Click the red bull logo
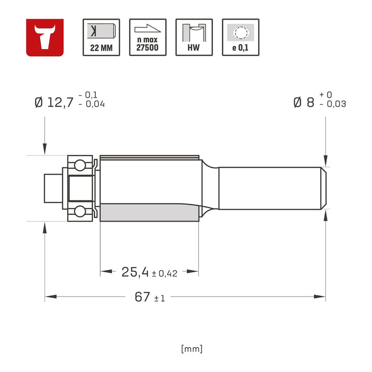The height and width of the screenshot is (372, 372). pyautogui.click(x=45, y=37)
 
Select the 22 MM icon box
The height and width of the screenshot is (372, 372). pyautogui.click(x=101, y=37)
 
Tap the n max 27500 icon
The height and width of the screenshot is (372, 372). pyautogui.click(x=148, y=37)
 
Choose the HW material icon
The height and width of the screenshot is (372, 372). pyautogui.click(x=194, y=37)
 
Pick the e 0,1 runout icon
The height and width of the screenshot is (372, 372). pyautogui.click(x=241, y=37)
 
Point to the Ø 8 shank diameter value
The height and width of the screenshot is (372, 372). pyautogui.click(x=303, y=102)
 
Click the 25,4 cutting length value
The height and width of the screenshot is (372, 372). pyautogui.click(x=135, y=272)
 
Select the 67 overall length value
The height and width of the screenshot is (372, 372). pyautogui.click(x=142, y=297)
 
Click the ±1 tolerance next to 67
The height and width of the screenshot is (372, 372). pyautogui.click(x=159, y=299)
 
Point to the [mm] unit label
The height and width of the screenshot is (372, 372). pyautogui.click(x=192, y=349)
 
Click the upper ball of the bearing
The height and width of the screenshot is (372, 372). pyautogui.click(x=80, y=166)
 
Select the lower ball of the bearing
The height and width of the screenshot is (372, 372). pyautogui.click(x=80, y=211)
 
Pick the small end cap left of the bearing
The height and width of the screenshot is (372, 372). pyautogui.click(x=52, y=189)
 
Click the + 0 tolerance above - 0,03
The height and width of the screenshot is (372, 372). pyautogui.click(x=326, y=95)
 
